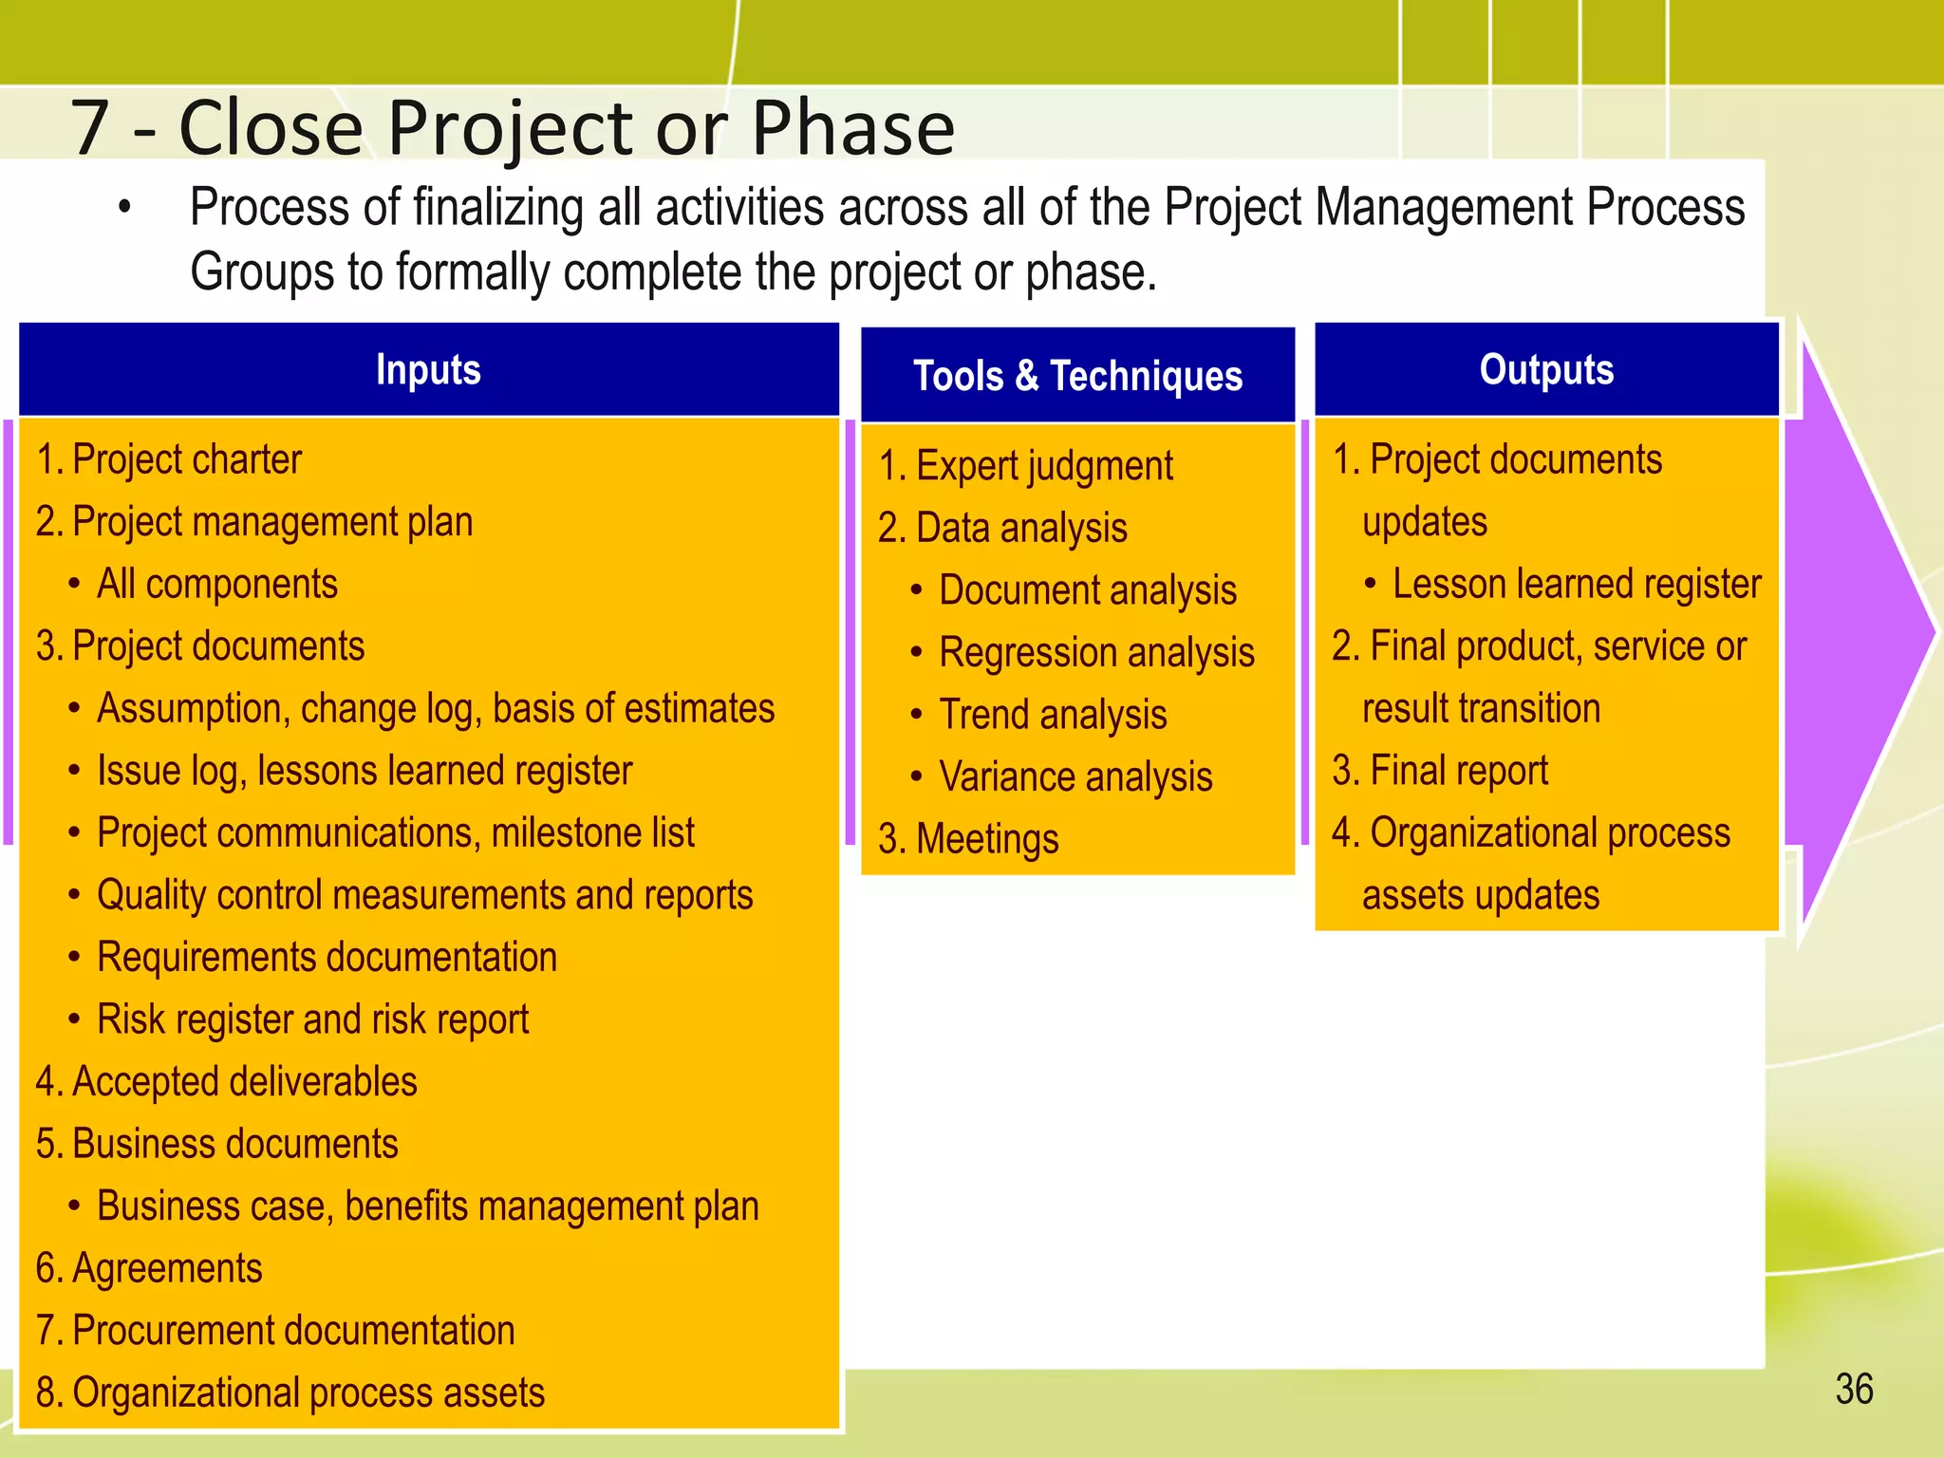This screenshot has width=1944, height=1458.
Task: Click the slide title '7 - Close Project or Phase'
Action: [x=513, y=127]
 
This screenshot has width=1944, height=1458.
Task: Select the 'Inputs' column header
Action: [x=428, y=369]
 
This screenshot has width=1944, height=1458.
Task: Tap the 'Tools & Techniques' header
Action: [x=1077, y=376]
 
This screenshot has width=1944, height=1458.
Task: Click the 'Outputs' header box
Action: [x=1546, y=369]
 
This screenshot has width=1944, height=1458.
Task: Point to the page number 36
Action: [x=1854, y=1390]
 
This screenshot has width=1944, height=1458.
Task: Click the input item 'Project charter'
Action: [x=186, y=459]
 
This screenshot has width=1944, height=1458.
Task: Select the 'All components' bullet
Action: [x=216, y=584]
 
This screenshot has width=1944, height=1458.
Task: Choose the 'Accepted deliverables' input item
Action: [x=244, y=1082]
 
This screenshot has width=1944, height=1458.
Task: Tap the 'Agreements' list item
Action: [x=167, y=1268]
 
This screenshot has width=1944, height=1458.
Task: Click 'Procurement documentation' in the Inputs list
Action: [x=292, y=1331]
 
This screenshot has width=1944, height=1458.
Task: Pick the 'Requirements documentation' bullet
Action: [x=327, y=957]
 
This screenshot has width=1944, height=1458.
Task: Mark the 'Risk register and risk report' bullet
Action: [x=312, y=1019]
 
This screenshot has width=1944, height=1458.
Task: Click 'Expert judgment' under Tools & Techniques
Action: [x=1043, y=466]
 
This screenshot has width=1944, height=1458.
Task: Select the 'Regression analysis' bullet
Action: [x=1096, y=653]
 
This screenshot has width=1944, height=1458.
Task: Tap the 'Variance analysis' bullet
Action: [x=1075, y=777]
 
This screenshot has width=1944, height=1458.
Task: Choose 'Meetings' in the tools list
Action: [x=986, y=839]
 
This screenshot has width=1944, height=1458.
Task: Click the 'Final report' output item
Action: [x=1458, y=771]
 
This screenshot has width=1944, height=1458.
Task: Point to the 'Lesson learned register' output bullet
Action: [x=1576, y=584]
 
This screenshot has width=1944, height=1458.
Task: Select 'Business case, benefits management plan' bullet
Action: [x=427, y=1206]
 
